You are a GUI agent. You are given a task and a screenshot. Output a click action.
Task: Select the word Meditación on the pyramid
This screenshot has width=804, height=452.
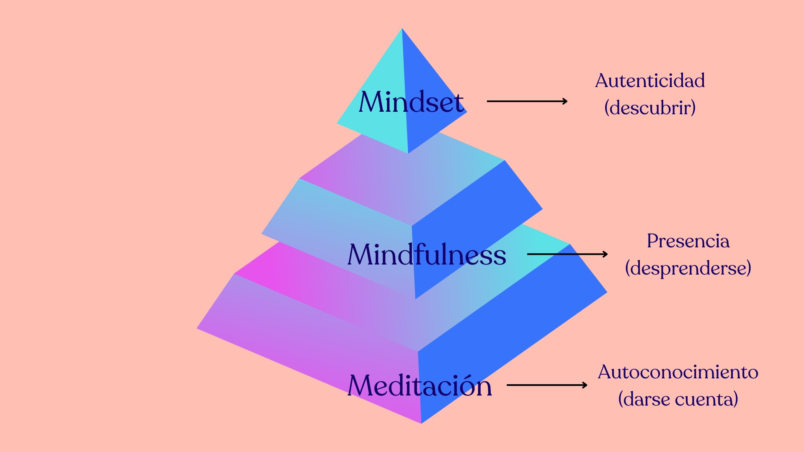pos(420,385)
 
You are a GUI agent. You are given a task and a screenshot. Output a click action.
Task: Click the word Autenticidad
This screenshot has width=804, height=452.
pos(650,80)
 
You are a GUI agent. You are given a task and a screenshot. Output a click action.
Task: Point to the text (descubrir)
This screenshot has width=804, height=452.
pos(650,108)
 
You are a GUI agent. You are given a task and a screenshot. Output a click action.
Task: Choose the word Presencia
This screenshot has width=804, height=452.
pos(688,241)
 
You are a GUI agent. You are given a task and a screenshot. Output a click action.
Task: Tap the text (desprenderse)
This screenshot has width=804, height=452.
pos(688,268)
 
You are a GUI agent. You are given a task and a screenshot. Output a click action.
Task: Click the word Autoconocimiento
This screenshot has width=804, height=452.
pos(678,372)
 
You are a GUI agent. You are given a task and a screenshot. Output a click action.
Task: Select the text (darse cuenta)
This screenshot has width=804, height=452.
pos(678,399)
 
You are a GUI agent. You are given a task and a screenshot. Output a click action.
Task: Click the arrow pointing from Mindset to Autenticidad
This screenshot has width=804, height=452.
pos(527,101)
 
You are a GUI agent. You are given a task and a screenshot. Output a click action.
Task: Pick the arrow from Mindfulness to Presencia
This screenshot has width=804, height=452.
pos(567,254)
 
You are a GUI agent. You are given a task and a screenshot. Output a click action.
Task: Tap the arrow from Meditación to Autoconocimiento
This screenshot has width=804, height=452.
pos(546,385)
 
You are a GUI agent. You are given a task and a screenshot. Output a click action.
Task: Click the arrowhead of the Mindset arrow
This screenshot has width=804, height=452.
pos(565,101)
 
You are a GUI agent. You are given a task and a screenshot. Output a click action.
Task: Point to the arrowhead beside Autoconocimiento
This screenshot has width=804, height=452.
pos(585,385)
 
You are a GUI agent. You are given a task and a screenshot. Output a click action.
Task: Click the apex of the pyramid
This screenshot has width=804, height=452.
pos(402,29)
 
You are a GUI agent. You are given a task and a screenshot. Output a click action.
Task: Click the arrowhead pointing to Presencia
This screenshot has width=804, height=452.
pos(606,254)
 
